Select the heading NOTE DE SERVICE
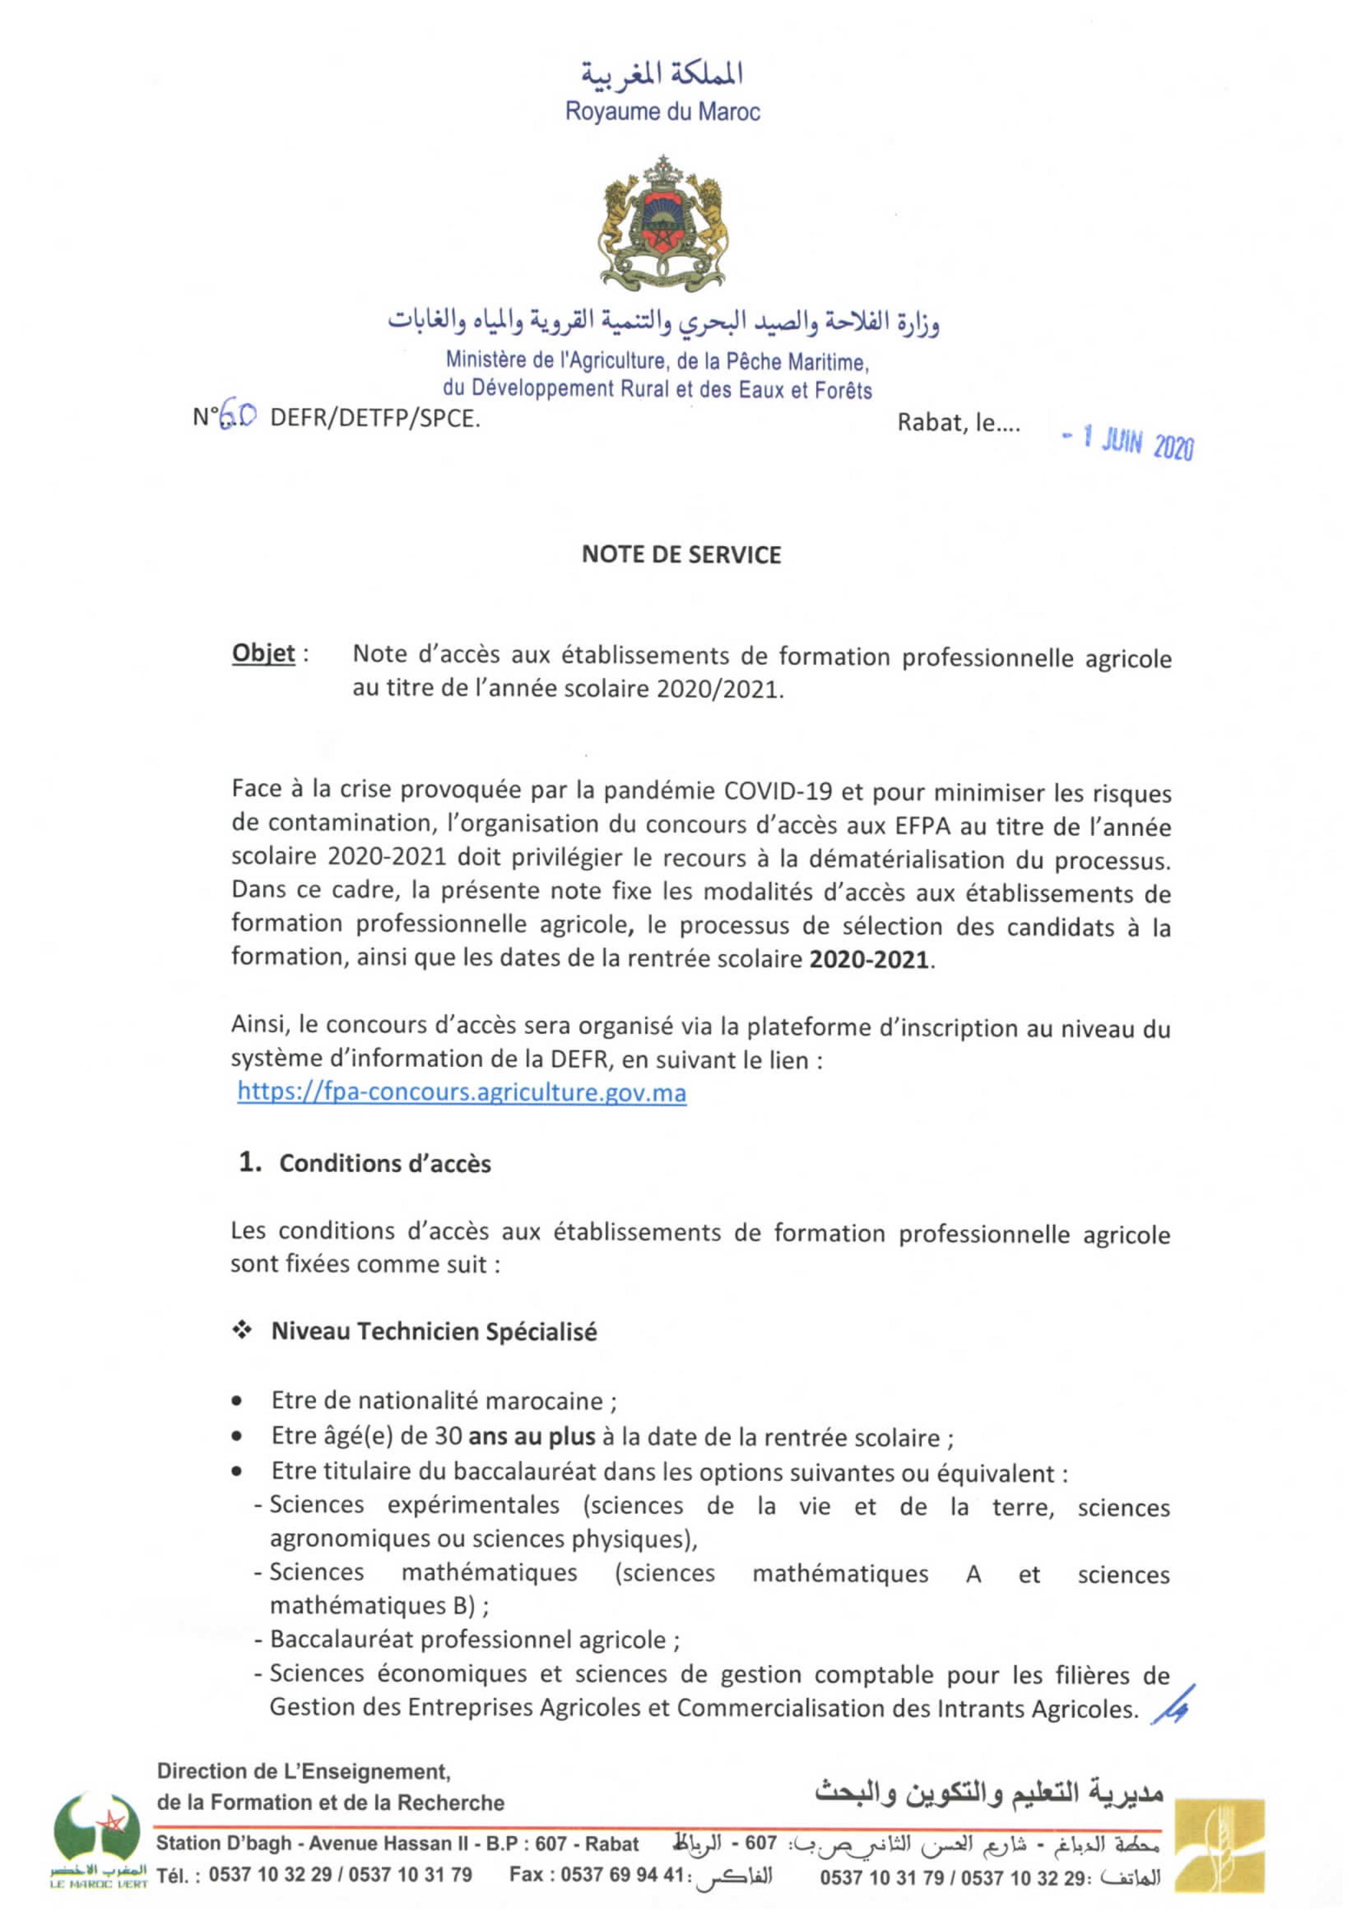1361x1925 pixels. pos(681,554)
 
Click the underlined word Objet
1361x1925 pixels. pos(264,654)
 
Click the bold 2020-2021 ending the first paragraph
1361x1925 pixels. pos(868,958)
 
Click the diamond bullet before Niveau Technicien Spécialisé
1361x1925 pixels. pos(242,1331)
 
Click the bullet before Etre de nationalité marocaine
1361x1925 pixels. pos(239,1400)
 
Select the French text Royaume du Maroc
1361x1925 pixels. pos(663,111)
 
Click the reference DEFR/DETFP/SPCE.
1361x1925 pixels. pos(375,418)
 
